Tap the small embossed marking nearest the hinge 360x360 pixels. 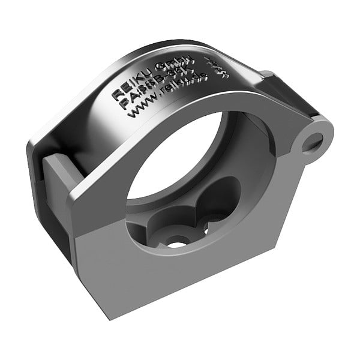click(x=211, y=64)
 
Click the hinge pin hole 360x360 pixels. click(x=313, y=143)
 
